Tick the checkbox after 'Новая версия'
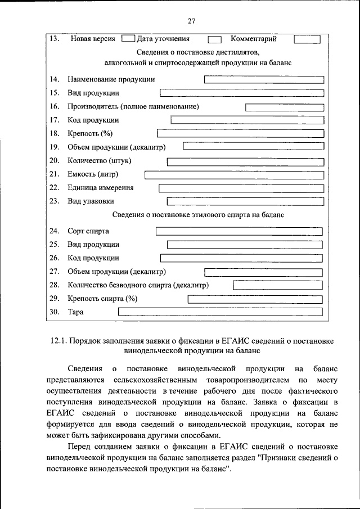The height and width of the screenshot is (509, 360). click(x=128, y=39)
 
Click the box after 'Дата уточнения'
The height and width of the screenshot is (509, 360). click(x=214, y=40)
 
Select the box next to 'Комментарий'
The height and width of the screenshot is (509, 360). click(x=307, y=39)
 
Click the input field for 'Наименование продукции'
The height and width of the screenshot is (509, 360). click(x=264, y=79)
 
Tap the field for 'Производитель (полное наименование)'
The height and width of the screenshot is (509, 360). click(x=285, y=106)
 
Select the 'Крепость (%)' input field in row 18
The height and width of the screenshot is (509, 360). click(x=240, y=133)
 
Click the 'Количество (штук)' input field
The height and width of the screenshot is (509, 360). click(x=245, y=161)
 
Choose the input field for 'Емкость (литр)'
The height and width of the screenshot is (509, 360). click(x=235, y=174)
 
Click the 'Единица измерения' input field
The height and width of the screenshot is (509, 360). click(x=241, y=188)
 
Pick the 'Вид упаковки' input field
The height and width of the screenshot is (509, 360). click(x=245, y=201)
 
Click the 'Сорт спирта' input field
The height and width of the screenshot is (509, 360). click(x=239, y=231)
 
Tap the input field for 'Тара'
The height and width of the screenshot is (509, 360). click(x=220, y=312)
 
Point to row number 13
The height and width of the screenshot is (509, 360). click(x=55, y=39)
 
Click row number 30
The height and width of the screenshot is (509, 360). click(x=55, y=312)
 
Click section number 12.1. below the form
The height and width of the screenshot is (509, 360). click(x=58, y=340)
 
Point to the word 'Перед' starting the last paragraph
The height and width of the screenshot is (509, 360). click(x=79, y=447)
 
